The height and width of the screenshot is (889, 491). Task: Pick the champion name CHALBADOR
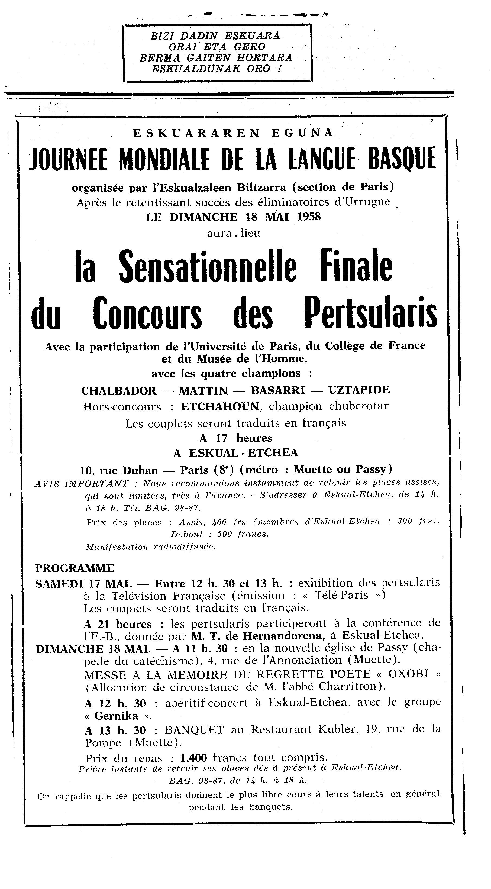point(119,390)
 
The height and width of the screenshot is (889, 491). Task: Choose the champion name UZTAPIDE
point(359,390)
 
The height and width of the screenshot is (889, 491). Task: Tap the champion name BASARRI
point(278,390)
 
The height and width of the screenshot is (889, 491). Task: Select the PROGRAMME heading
point(75,568)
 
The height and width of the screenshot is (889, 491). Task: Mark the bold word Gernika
point(116,716)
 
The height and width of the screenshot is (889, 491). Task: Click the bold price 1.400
point(193,758)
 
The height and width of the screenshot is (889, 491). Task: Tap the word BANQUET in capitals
point(194,729)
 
